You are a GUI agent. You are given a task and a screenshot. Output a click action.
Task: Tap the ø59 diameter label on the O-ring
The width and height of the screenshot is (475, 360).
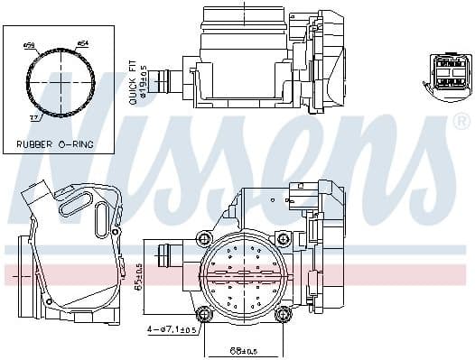pos(29,43)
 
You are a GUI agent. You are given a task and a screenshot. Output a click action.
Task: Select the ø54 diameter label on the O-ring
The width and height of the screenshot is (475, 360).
pos(82,43)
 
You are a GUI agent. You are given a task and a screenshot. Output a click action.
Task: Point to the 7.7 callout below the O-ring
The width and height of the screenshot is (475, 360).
pos(34,117)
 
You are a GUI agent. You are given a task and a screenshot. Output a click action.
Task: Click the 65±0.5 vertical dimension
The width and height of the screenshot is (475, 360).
pos(139,278)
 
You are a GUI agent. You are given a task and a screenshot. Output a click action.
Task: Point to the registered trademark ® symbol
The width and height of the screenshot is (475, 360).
pos(461,121)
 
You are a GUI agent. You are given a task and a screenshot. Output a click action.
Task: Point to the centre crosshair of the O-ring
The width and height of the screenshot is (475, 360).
pos(60,81)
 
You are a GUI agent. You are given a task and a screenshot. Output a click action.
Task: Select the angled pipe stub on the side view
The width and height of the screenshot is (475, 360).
pos(33,198)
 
